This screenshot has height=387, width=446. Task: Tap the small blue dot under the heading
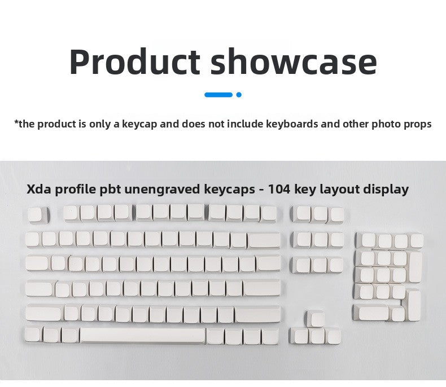coord(239,95)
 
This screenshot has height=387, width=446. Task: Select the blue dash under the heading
coord(218,95)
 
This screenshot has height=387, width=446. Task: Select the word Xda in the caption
coord(38,189)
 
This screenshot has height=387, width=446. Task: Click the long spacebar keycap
coord(142,336)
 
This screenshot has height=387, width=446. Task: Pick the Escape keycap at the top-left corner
coord(35,214)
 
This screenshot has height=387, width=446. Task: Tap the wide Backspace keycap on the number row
coord(264,240)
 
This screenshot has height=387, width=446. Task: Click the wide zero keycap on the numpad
coord(370,312)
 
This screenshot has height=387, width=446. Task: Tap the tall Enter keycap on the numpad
coord(414,304)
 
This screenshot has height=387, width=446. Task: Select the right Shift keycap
coord(257,313)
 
